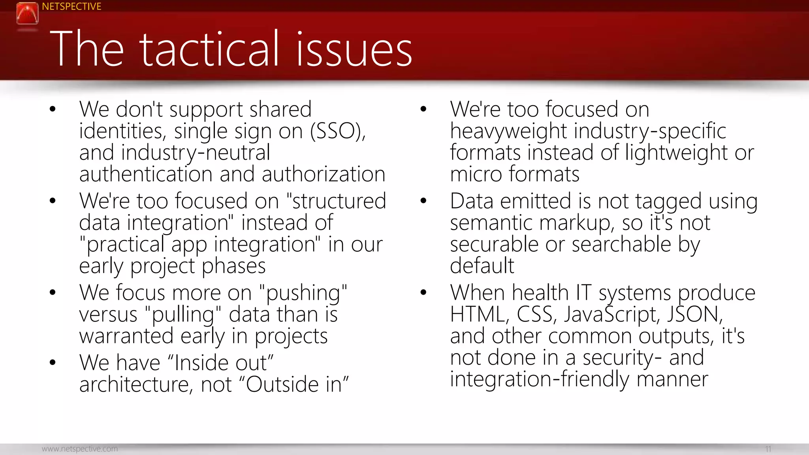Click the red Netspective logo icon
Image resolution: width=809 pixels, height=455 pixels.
tap(27, 13)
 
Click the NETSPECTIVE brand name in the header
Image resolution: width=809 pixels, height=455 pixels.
tap(71, 7)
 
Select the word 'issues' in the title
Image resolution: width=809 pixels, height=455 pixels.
tap(354, 49)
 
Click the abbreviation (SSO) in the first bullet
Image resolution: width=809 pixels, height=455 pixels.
tap(338, 131)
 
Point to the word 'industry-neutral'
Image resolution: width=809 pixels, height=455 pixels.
tap(196, 153)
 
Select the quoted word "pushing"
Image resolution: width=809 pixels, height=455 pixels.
tap(303, 293)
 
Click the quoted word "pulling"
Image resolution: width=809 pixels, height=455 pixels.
tap(183, 315)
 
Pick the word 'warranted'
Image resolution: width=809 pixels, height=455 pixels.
tap(126, 336)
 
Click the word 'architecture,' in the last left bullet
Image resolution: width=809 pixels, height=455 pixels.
tap(136, 385)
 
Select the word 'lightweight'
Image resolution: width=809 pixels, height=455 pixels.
tap(676, 153)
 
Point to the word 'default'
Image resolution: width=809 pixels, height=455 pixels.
tap(482, 266)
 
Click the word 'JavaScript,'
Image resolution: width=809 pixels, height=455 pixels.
tap(611, 315)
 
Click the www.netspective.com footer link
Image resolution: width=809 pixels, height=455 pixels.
tap(80, 449)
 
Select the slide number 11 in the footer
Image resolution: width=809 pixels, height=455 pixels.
tap(768, 449)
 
